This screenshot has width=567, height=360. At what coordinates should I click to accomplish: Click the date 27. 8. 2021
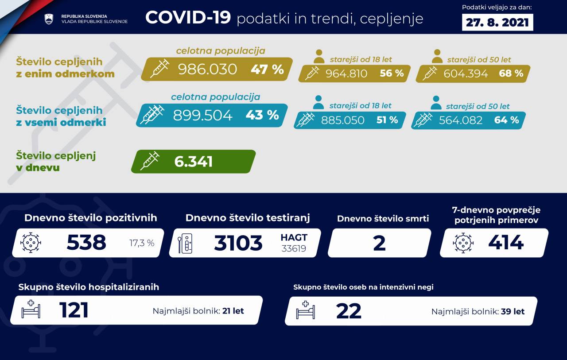click(x=497, y=22)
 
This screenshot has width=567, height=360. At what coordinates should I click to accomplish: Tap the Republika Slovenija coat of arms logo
click(x=49, y=19)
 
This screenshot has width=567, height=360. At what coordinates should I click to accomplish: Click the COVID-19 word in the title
click(x=188, y=18)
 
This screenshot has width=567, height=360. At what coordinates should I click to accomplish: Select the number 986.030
click(x=207, y=69)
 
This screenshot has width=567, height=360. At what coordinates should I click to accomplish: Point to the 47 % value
click(x=267, y=69)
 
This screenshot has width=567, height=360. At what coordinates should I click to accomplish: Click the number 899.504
click(x=202, y=115)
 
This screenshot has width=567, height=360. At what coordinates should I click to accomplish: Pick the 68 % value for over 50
click(x=511, y=74)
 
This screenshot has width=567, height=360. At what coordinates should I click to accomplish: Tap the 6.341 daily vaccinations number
click(x=194, y=162)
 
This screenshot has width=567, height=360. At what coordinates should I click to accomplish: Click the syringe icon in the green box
click(x=150, y=161)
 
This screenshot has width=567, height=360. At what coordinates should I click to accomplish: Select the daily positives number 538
click(x=86, y=243)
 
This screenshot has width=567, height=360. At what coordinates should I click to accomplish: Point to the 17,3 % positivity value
click(x=142, y=243)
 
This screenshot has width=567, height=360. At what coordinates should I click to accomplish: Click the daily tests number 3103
click(x=238, y=243)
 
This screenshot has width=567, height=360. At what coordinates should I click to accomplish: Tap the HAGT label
click(x=294, y=237)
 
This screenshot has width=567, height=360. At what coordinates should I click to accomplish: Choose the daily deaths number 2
click(x=379, y=243)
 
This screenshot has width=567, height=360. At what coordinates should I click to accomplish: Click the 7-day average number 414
click(x=506, y=242)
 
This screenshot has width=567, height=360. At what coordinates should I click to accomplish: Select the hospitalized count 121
click(x=74, y=310)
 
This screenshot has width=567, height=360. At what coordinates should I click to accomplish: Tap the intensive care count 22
click(x=349, y=311)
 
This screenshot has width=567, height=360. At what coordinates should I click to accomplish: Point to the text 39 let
click(x=513, y=311)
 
